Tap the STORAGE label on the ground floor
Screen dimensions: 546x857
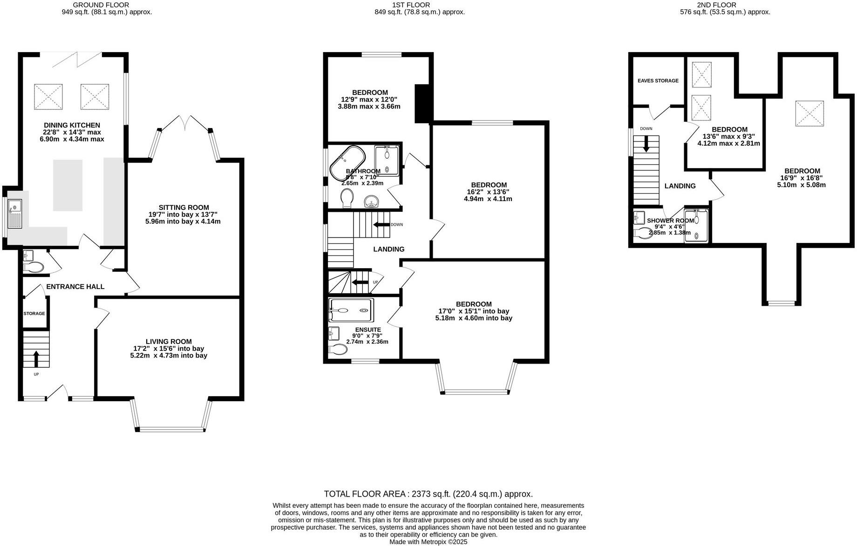pyautogui.click(x=34, y=314)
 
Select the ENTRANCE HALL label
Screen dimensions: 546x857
pyautogui.click(x=75, y=287)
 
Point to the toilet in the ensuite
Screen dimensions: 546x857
pyautogui.click(x=338, y=349)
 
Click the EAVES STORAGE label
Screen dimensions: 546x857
pyautogui.click(x=658, y=81)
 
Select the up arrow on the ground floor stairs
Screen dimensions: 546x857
pyautogui.click(x=36, y=359)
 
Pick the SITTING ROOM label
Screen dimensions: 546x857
pyautogui.click(x=184, y=208)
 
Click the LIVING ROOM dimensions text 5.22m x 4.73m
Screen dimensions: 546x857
pyautogui.click(x=169, y=356)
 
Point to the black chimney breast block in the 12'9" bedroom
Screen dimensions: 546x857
pyautogui.click(x=423, y=103)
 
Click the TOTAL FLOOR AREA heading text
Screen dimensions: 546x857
pyautogui.click(x=428, y=494)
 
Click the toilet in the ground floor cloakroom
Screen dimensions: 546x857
pyautogui.click(x=33, y=267)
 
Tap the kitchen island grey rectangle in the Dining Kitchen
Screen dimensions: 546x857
pyautogui.click(x=68, y=185)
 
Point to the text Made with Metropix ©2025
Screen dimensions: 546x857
pyautogui.click(x=428, y=542)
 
